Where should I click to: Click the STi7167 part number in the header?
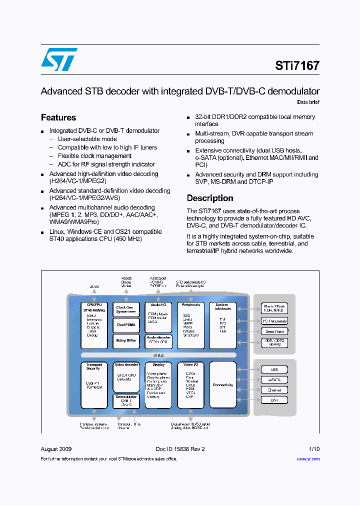pos(297,65)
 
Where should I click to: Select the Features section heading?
pos(58,117)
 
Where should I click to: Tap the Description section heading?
pos(210,198)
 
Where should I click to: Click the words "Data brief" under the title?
pos(308,102)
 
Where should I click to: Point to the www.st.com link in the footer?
pos(308,459)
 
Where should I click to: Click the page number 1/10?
pos(313,449)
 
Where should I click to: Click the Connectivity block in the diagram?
pos(222,385)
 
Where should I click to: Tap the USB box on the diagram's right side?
pos(274,370)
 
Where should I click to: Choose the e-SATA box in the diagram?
pos(274,380)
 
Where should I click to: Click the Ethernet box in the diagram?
pos(274,390)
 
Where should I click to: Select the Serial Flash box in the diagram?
pos(274,331)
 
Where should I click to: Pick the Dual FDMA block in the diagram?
pos(126,325)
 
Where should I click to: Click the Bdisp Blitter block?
pos(126,340)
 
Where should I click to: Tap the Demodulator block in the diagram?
pos(126,401)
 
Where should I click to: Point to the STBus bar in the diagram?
pos(158,355)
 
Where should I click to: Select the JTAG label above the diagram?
pos(94,286)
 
